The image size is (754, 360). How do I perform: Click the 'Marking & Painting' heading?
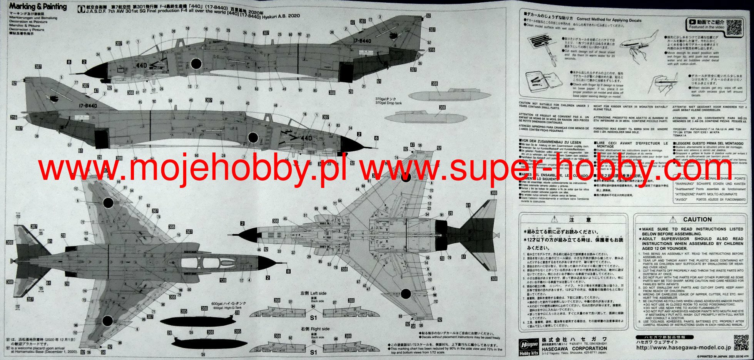(38, 7)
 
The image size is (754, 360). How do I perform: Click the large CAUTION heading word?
(697, 219)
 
